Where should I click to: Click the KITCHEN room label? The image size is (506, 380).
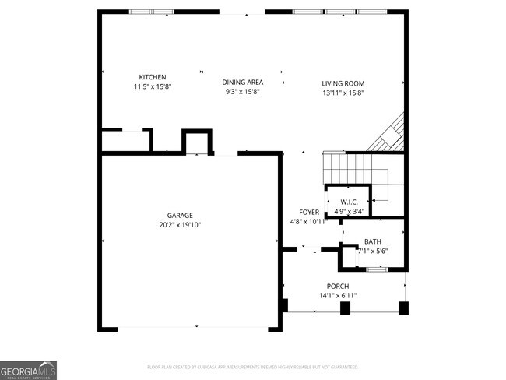(x=153, y=77)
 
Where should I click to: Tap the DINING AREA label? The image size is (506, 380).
(x=242, y=82)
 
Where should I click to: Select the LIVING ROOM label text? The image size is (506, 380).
(x=343, y=83)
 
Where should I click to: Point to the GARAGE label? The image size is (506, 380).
(x=179, y=215)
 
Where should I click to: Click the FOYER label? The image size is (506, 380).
(x=309, y=212)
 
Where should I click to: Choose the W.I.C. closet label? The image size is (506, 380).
(x=349, y=202)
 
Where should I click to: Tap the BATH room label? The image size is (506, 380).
(x=372, y=241)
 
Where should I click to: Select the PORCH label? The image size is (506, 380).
(x=337, y=287)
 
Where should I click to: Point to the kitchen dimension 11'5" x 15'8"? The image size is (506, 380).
(x=153, y=86)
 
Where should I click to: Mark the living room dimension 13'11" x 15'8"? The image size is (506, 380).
(x=343, y=93)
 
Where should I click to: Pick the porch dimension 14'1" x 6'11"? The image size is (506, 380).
(x=337, y=296)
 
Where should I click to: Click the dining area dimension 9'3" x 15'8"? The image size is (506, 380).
(x=242, y=91)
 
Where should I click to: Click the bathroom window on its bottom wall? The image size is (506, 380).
(x=377, y=269)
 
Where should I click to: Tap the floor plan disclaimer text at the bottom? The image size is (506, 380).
(x=252, y=367)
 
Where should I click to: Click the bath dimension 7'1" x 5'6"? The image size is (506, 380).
(x=372, y=251)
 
